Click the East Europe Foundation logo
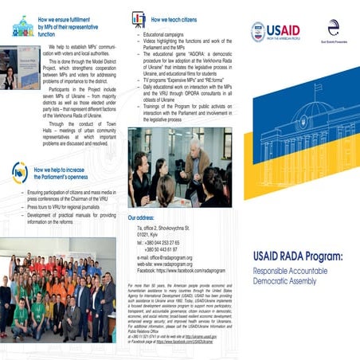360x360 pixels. pos(333,29)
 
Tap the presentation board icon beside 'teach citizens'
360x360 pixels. pos(137,17)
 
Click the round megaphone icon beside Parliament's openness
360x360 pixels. pos(19,172)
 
